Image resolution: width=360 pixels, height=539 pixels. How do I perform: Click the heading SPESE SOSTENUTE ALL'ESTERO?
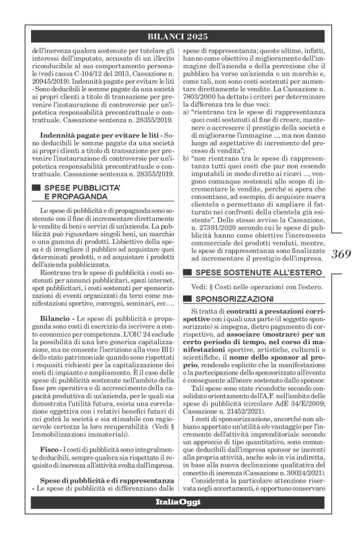click(x=251, y=272)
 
